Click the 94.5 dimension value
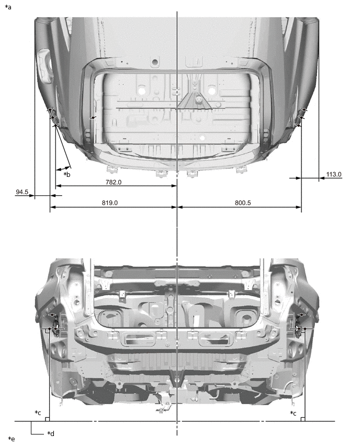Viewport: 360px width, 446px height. point(21,192)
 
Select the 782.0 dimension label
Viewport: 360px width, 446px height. point(114,182)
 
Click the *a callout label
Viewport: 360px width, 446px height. point(8,7)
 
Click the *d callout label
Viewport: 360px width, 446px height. point(51,433)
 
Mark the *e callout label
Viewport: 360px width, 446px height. point(12,439)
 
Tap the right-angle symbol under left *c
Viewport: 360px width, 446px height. point(48,419)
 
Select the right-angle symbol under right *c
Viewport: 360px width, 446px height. point(303,419)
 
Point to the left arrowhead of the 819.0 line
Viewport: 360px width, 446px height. point(52,207)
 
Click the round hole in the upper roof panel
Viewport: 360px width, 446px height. point(155,62)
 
